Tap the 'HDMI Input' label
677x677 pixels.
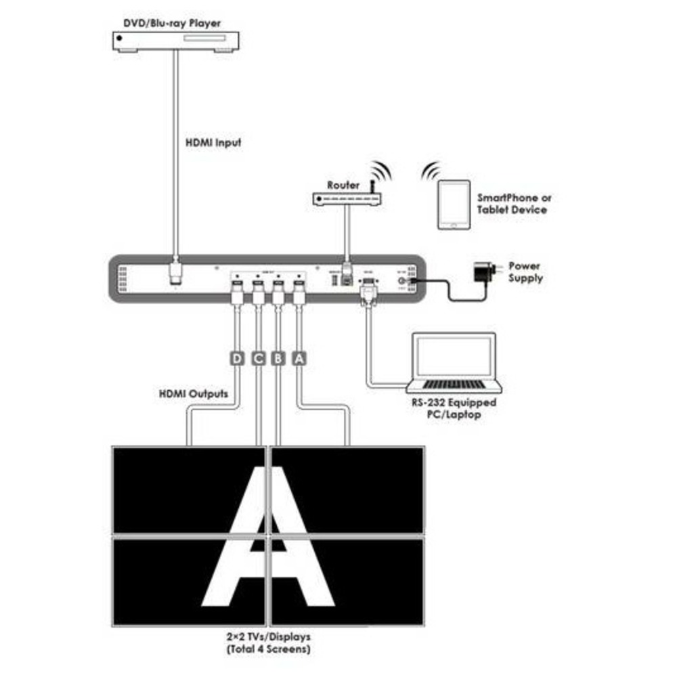[213, 143]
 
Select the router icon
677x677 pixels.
[345, 198]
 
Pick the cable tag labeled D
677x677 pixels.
[237, 359]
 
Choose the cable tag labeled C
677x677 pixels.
[258, 359]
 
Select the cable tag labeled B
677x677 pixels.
[278, 359]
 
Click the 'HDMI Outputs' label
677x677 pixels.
[193, 393]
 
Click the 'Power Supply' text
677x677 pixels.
[525, 272]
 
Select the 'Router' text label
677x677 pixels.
[343, 185]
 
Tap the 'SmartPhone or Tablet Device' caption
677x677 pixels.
[514, 204]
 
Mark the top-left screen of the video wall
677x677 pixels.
[189, 489]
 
